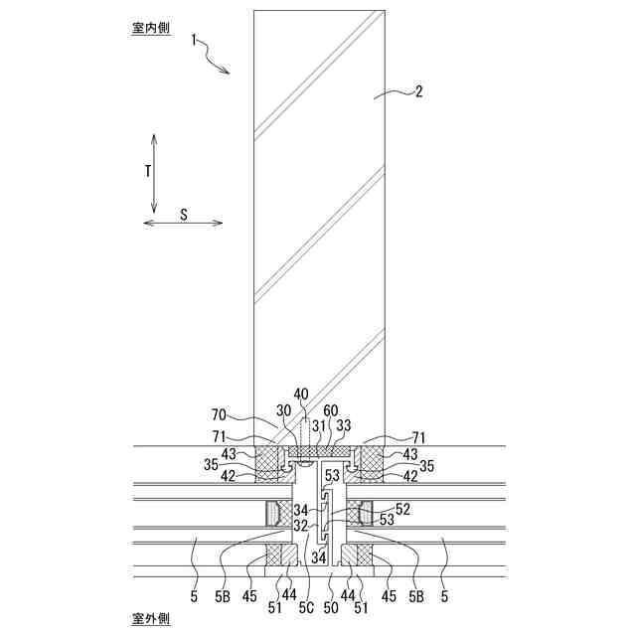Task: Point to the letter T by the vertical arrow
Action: (147, 171)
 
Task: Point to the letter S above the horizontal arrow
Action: (184, 214)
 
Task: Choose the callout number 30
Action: (283, 411)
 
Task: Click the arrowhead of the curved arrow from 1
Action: (229, 73)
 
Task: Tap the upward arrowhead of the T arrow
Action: (155, 135)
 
